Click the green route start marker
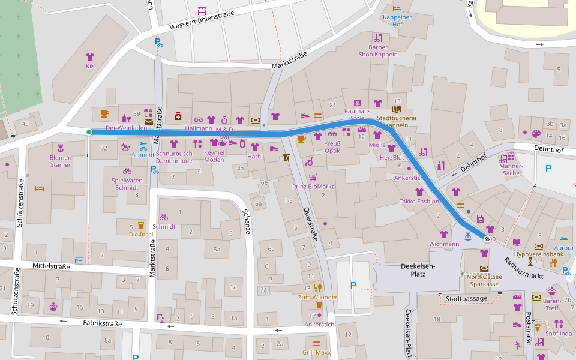(x=89, y=132)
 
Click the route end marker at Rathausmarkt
(x=487, y=239)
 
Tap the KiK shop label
(x=91, y=66)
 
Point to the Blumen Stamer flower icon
(x=61, y=148)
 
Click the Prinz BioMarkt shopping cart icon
(x=313, y=177)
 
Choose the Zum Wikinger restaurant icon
(x=317, y=287)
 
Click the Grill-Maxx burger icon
(x=317, y=343)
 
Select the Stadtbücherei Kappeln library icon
(x=396, y=109)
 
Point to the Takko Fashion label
(x=419, y=202)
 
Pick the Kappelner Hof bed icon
(x=397, y=8)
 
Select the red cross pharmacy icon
(x=178, y=115)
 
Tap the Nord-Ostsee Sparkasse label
(x=484, y=280)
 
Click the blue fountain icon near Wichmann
(x=468, y=237)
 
